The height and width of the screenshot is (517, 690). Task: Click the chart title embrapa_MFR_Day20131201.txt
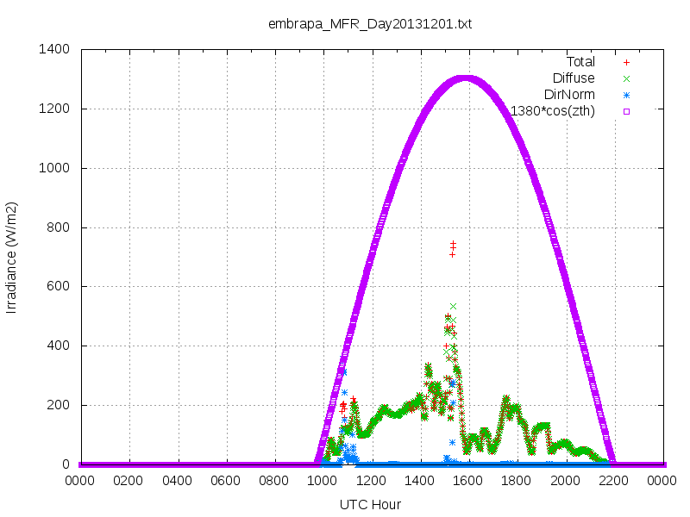(x=370, y=24)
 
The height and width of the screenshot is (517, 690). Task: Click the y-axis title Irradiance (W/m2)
(x=11, y=258)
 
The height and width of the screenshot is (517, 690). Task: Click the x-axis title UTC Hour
(x=370, y=504)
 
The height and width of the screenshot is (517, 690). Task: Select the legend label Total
(x=580, y=62)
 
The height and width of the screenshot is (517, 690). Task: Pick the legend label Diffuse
(x=574, y=78)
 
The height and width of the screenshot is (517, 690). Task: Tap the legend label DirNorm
(x=569, y=95)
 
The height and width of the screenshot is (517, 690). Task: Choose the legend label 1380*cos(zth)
(x=552, y=111)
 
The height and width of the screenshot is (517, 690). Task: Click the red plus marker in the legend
(x=627, y=62)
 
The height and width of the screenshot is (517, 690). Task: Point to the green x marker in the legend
(x=627, y=78)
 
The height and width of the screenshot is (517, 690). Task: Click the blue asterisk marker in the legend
(x=627, y=95)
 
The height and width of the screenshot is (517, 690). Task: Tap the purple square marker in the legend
(x=627, y=111)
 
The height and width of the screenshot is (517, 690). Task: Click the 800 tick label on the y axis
(x=58, y=227)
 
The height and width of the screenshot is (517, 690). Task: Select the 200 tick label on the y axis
(x=58, y=405)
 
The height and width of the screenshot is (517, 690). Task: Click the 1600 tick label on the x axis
(x=467, y=481)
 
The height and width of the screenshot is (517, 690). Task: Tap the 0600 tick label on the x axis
(x=225, y=481)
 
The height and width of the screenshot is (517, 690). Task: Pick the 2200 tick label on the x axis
(x=613, y=481)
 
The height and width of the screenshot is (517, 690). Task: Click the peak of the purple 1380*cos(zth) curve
(x=466, y=79)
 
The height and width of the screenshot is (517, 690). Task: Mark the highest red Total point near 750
(x=453, y=243)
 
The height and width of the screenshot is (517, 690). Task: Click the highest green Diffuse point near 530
(x=454, y=306)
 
